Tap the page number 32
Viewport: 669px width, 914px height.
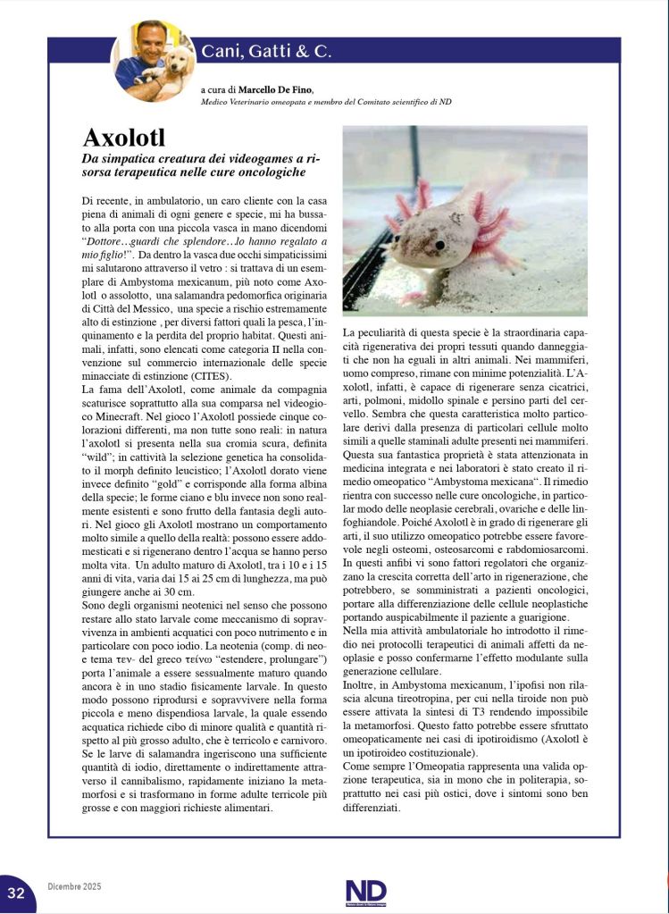tap(16, 893)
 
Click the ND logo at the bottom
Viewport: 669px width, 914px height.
tap(365, 892)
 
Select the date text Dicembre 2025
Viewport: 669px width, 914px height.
tap(74, 886)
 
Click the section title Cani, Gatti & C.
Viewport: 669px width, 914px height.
tap(266, 51)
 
